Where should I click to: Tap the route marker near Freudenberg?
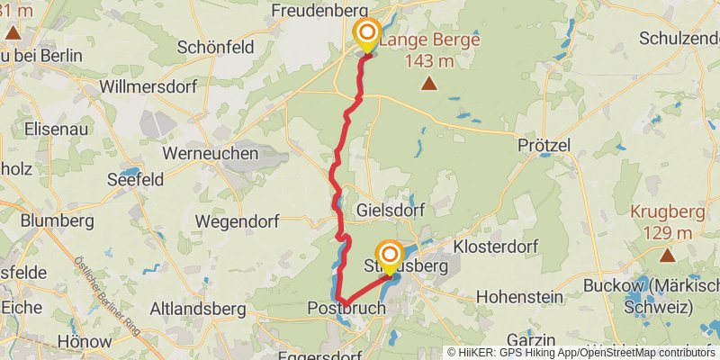coord(368,34)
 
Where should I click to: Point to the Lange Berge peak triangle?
coord(429,85)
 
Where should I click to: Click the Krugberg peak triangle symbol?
coord(667,256)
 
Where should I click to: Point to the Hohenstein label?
coord(519,296)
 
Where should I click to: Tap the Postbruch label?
coord(346,309)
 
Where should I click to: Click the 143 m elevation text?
coord(429,61)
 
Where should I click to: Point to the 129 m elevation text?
coord(667,233)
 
